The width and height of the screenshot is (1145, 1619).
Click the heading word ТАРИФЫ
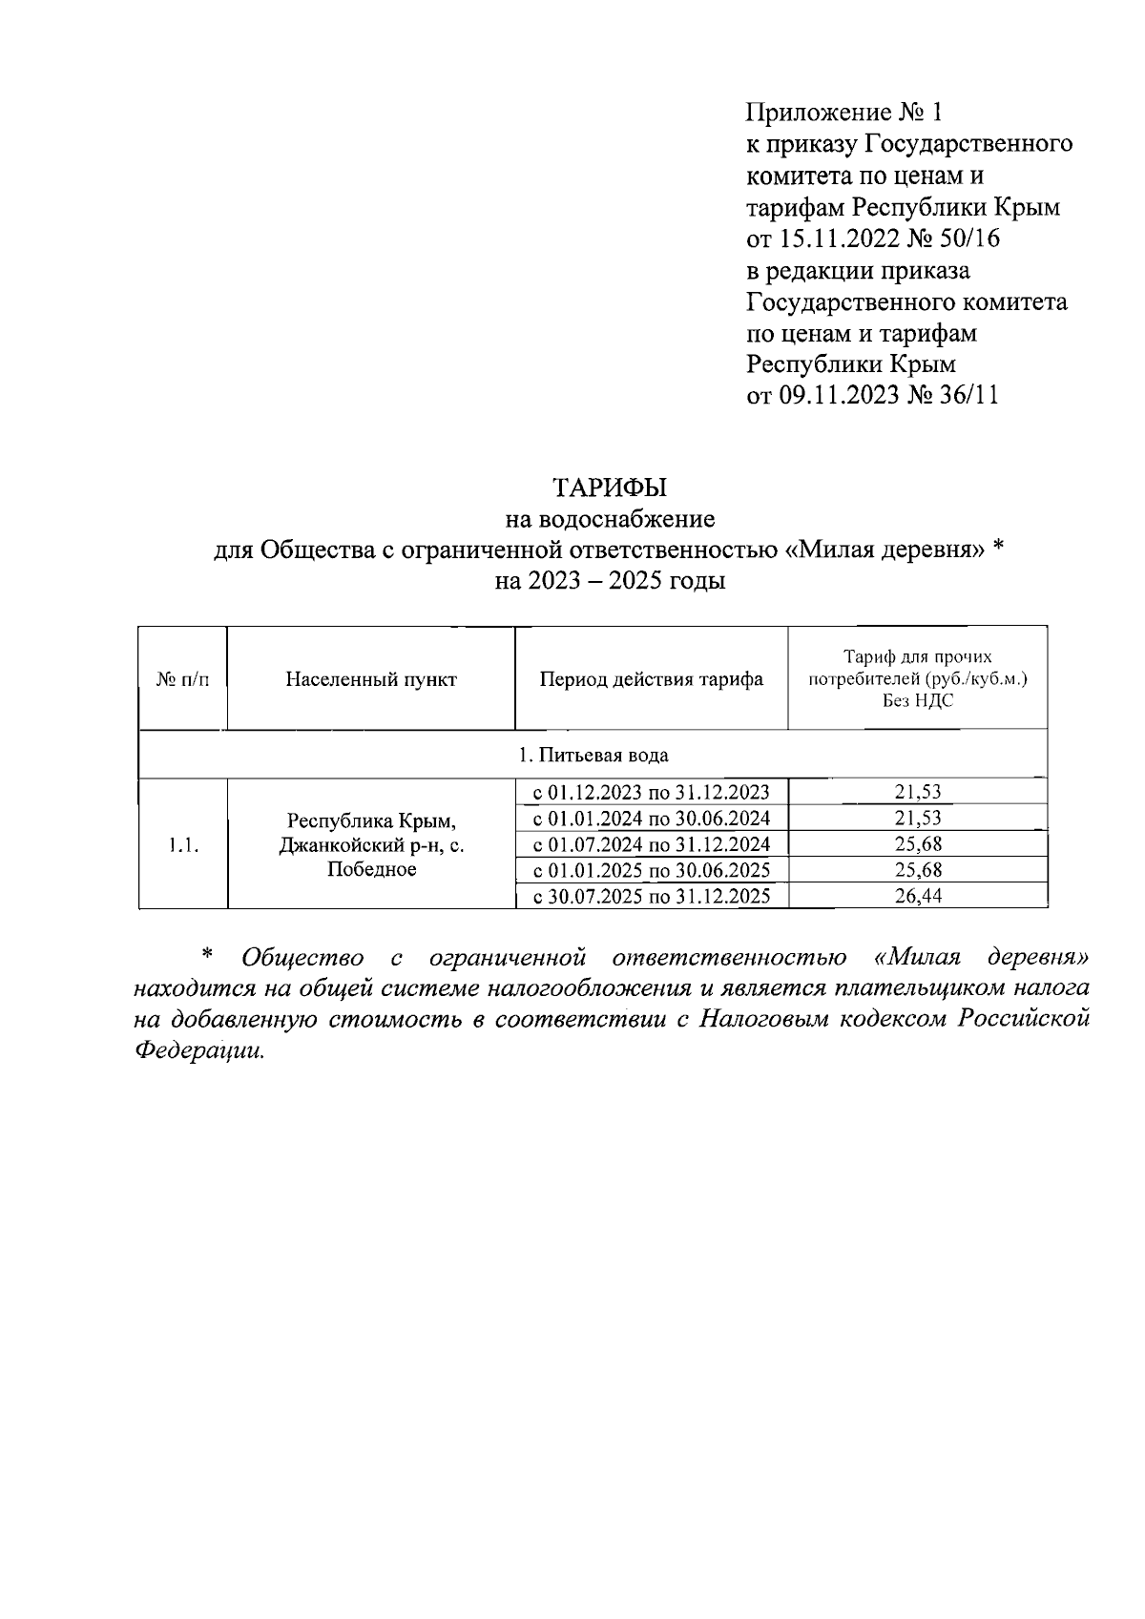point(610,488)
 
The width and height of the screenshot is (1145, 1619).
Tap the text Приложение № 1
point(843,113)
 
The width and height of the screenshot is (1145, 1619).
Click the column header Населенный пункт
point(371,679)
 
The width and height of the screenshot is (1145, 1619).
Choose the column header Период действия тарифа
point(651,679)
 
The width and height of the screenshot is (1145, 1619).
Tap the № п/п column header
point(182,679)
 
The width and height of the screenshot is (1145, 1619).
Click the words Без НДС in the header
point(917,700)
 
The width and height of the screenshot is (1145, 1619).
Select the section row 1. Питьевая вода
point(593,755)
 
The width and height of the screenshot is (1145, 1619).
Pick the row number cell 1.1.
point(182,844)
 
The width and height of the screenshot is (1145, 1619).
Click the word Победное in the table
point(371,869)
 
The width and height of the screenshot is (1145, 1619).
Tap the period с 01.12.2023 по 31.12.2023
point(651,792)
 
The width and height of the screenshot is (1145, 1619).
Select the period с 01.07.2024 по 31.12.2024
point(651,844)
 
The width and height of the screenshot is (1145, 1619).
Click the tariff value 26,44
point(917,896)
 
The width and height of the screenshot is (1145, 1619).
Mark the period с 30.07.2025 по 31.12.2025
point(651,896)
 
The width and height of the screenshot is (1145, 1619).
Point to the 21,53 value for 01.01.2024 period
point(917,818)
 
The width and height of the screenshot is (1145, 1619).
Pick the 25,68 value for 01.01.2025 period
point(917,870)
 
